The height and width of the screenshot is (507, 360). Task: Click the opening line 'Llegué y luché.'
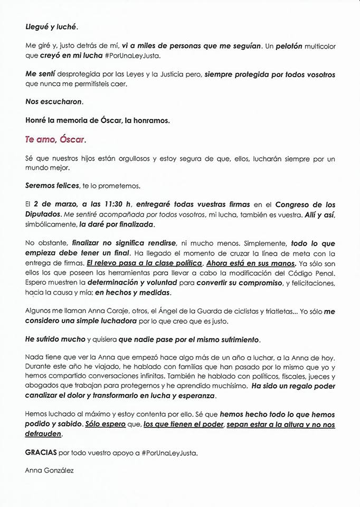[48, 25]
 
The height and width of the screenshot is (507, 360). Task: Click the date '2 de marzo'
[54, 204]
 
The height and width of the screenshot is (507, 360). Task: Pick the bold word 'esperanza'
[195, 396]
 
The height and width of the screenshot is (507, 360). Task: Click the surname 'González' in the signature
[61, 471]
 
